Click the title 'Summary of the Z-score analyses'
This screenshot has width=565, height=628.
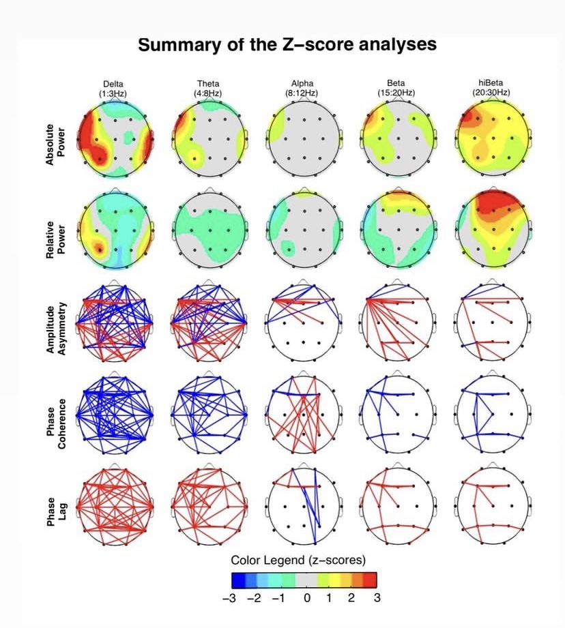pyautogui.click(x=287, y=45)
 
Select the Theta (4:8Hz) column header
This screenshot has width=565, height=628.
pyautogui.click(x=209, y=88)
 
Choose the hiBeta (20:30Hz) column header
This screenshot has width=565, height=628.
pyautogui.click(x=491, y=88)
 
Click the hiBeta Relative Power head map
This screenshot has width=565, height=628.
pyautogui.click(x=491, y=226)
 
